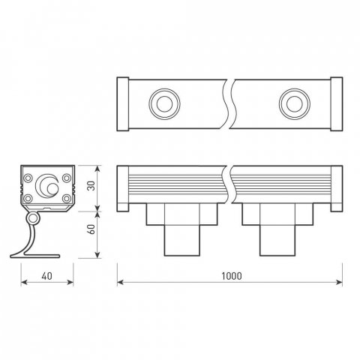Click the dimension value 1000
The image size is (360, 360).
(x=232, y=276)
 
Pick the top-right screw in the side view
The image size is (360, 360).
(x=67, y=178)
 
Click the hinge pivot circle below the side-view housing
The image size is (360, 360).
(x=32, y=218)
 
